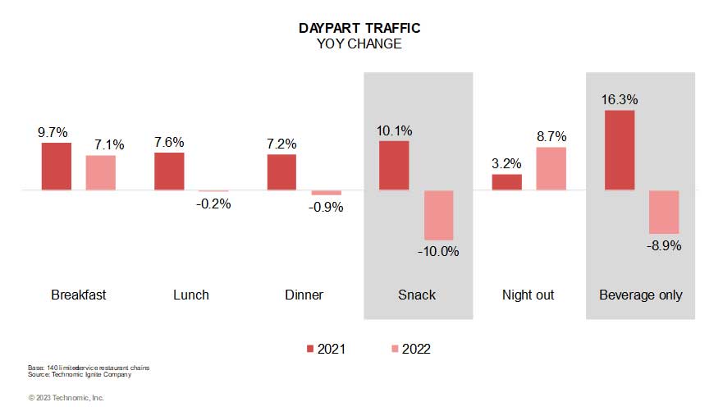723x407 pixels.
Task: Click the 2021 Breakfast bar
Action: click(x=57, y=167)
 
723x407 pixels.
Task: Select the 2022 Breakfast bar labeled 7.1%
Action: click(x=101, y=173)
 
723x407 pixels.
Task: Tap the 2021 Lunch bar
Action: click(x=169, y=171)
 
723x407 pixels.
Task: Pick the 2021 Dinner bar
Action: click(x=281, y=172)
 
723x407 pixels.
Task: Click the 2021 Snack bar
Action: click(x=394, y=166)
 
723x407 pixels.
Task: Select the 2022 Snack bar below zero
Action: click(x=438, y=216)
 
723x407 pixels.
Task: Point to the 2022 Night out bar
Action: click(x=551, y=169)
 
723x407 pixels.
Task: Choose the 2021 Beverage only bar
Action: click(x=619, y=150)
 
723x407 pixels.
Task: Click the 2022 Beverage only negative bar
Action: click(x=663, y=213)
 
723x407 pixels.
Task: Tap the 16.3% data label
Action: click(x=619, y=99)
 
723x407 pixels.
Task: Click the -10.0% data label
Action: click(x=439, y=251)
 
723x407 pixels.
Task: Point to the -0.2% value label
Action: click(x=213, y=203)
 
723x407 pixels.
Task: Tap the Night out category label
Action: click(x=528, y=295)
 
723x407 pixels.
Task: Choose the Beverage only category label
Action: click(x=640, y=295)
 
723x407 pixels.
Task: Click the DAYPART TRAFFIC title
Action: click(x=359, y=28)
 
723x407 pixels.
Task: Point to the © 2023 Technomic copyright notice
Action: click(x=66, y=397)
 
